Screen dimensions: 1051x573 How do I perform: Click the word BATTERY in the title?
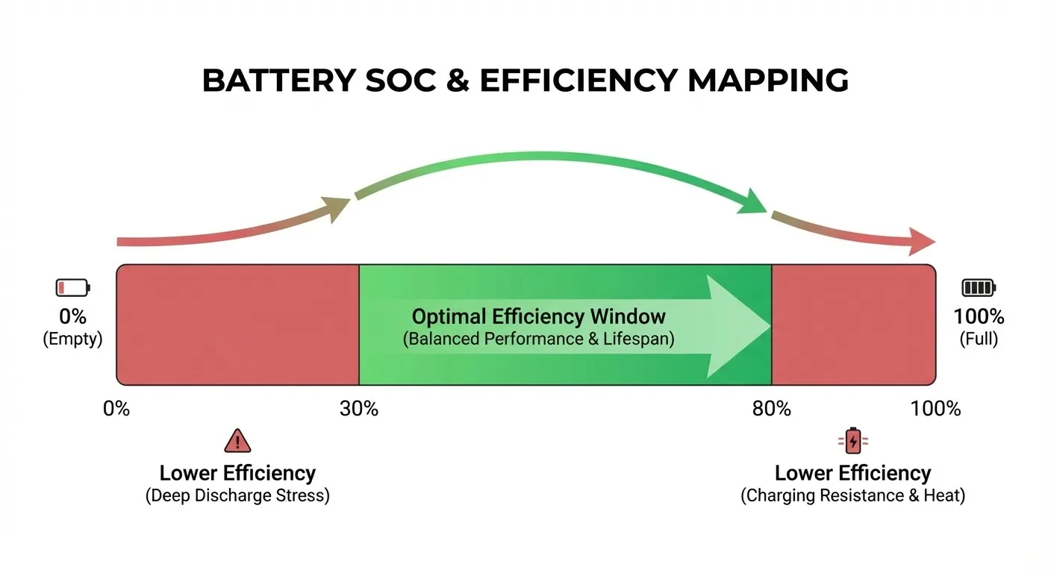pyautogui.click(x=278, y=80)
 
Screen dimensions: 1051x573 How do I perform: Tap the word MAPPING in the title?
pyautogui.click(x=767, y=80)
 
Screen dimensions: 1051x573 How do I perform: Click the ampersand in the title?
pyautogui.click(x=458, y=80)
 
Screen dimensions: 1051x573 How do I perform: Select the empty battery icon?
pyautogui.click(x=72, y=287)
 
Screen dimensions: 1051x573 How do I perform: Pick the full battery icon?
pyautogui.click(x=979, y=287)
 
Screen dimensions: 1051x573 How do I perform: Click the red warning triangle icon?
pyautogui.click(x=237, y=441)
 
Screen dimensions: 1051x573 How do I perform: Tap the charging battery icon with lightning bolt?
pyautogui.click(x=853, y=441)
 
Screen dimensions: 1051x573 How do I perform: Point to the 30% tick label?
pyautogui.click(x=359, y=409)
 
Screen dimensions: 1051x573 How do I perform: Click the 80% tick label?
pyautogui.click(x=771, y=409)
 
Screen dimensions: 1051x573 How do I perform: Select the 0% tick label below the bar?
pyautogui.click(x=116, y=409)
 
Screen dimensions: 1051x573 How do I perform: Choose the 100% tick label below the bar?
pyautogui.click(x=935, y=409)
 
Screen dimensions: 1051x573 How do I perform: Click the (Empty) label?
pyautogui.click(x=72, y=339)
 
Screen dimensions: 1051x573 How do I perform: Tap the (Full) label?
pyautogui.click(x=979, y=339)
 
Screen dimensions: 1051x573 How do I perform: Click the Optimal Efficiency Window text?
pyautogui.click(x=539, y=316)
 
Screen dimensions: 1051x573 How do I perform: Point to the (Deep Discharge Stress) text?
pyautogui.click(x=237, y=495)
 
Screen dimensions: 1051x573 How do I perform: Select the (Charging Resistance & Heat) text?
pyautogui.click(x=853, y=495)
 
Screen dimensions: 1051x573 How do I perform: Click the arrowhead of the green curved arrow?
pyautogui.click(x=753, y=203)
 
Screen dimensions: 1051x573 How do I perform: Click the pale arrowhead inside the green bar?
pyautogui.click(x=737, y=326)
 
